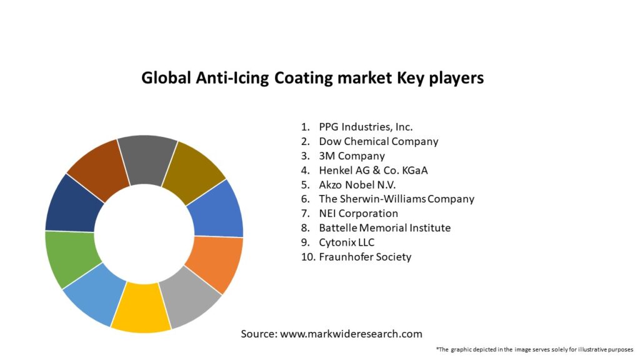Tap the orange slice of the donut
pos(214,262)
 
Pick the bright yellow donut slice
pos(141,307)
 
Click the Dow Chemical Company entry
pos(378,141)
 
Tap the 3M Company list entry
pos(351,156)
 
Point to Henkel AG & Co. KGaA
pos(373,170)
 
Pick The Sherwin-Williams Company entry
pos(396,199)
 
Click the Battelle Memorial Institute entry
pos(384,227)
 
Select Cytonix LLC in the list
pos(346,242)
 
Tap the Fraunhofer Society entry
pos(365,256)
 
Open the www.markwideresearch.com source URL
pos(351,334)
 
